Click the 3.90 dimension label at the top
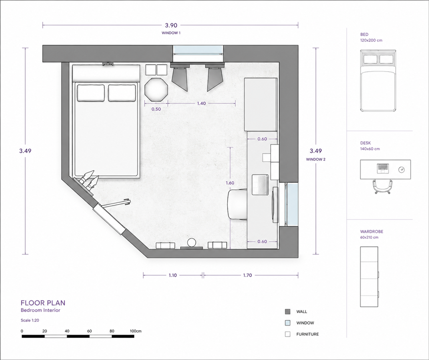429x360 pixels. click(171, 25)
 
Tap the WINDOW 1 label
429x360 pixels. click(171, 33)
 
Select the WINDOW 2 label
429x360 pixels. click(315, 159)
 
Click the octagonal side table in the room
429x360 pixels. click(156, 90)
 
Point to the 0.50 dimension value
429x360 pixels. click(156, 109)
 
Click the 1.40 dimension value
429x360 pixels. click(201, 103)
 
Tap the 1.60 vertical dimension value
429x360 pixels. click(230, 183)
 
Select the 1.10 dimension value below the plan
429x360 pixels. click(172, 275)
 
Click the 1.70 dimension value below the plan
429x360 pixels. click(247, 275)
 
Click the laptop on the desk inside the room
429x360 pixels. click(260, 185)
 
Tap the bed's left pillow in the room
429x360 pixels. click(91, 93)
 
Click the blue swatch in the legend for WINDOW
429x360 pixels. click(288, 323)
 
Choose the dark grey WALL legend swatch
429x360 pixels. click(288, 311)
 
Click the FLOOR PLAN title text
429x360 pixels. click(43, 303)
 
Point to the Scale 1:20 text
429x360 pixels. click(30, 320)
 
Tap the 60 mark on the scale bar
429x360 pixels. click(89, 331)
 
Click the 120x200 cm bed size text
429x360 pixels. click(371, 41)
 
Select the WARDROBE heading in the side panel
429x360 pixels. click(372, 232)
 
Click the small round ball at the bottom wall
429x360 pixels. click(192, 242)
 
